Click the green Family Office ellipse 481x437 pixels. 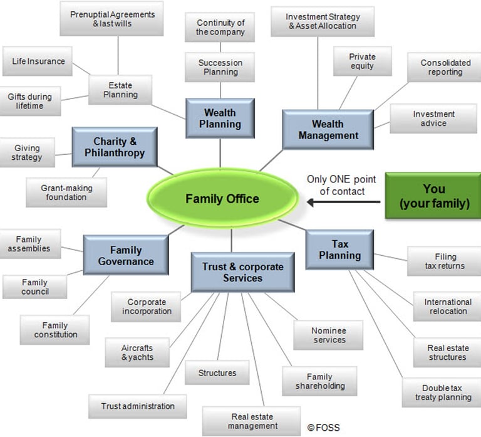(223, 198)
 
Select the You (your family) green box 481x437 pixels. (433, 196)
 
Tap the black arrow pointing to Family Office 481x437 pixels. (344, 202)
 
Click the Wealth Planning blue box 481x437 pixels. (220, 118)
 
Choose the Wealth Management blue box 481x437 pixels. (328, 130)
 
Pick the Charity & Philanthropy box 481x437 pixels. (115, 147)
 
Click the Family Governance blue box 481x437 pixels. (126, 255)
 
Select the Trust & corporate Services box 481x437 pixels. (242, 272)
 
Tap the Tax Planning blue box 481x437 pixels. (339, 250)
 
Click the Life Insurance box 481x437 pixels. (38, 61)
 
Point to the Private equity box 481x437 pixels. (363, 61)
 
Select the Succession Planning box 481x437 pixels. (220, 67)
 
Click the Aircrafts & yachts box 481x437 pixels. (137, 352)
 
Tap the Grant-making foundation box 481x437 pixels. (66, 192)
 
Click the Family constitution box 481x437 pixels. (55, 330)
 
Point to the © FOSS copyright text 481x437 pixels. (323, 428)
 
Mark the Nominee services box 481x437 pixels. (329, 335)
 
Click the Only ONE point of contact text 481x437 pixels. (341, 185)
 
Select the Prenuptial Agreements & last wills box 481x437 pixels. (111, 19)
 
